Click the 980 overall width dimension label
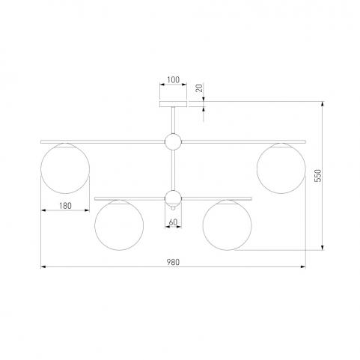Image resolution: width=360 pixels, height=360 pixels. pyautogui.click(x=173, y=262)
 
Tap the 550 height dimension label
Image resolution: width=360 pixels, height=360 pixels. pyautogui.click(x=318, y=176)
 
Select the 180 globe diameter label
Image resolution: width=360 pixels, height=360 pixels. pyautogui.click(x=65, y=206)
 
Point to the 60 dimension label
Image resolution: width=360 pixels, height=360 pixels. pyautogui.click(x=173, y=222)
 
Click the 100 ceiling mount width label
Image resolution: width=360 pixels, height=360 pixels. pyautogui.click(x=173, y=80)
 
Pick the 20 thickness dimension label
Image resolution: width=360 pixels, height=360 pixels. pyautogui.click(x=200, y=88)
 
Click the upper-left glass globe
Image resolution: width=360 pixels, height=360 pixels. pyautogui.click(x=65, y=168)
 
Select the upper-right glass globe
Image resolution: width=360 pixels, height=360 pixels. pyautogui.click(x=281, y=168)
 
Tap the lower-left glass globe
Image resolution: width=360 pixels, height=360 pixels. pyautogui.click(x=119, y=225)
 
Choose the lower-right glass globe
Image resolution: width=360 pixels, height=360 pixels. pyautogui.click(x=227, y=225)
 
